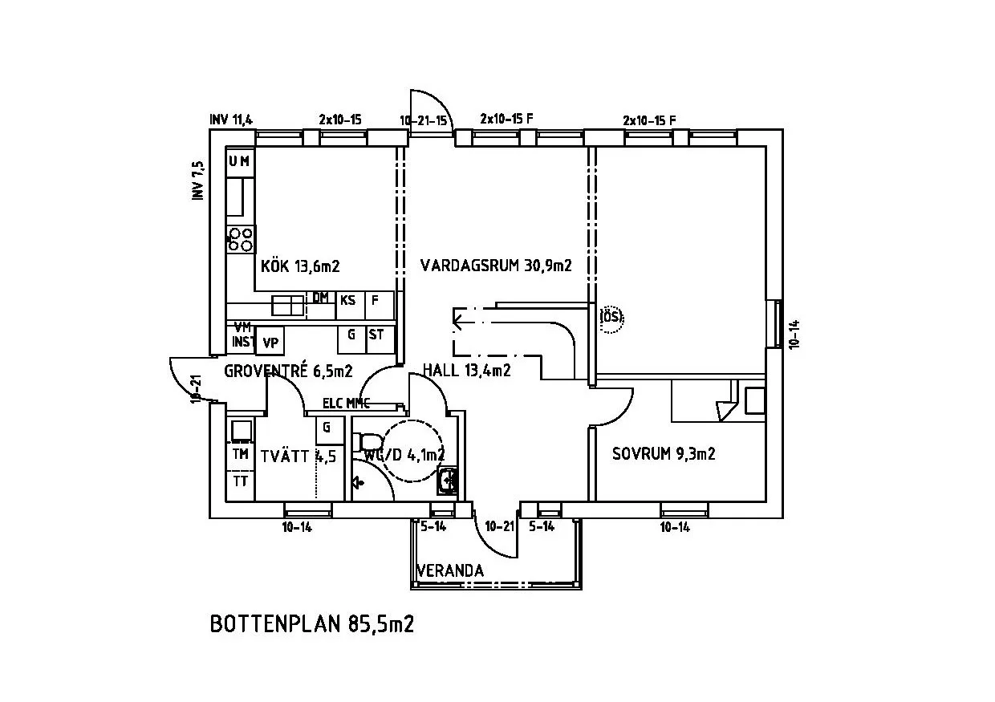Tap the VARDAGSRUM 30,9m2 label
(x=495, y=265)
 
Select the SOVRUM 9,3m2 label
(x=663, y=454)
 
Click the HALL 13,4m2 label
(x=466, y=369)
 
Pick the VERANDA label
(x=450, y=570)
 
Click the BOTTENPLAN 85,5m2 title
(x=311, y=624)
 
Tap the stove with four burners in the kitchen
(x=241, y=238)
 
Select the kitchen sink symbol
(x=288, y=306)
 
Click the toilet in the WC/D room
(x=368, y=442)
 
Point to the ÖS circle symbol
(x=611, y=317)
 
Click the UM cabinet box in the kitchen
(x=239, y=161)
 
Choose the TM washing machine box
(x=240, y=454)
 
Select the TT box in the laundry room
(x=240, y=481)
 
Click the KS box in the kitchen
(x=347, y=301)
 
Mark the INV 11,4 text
(x=231, y=120)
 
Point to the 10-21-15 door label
(x=423, y=120)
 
